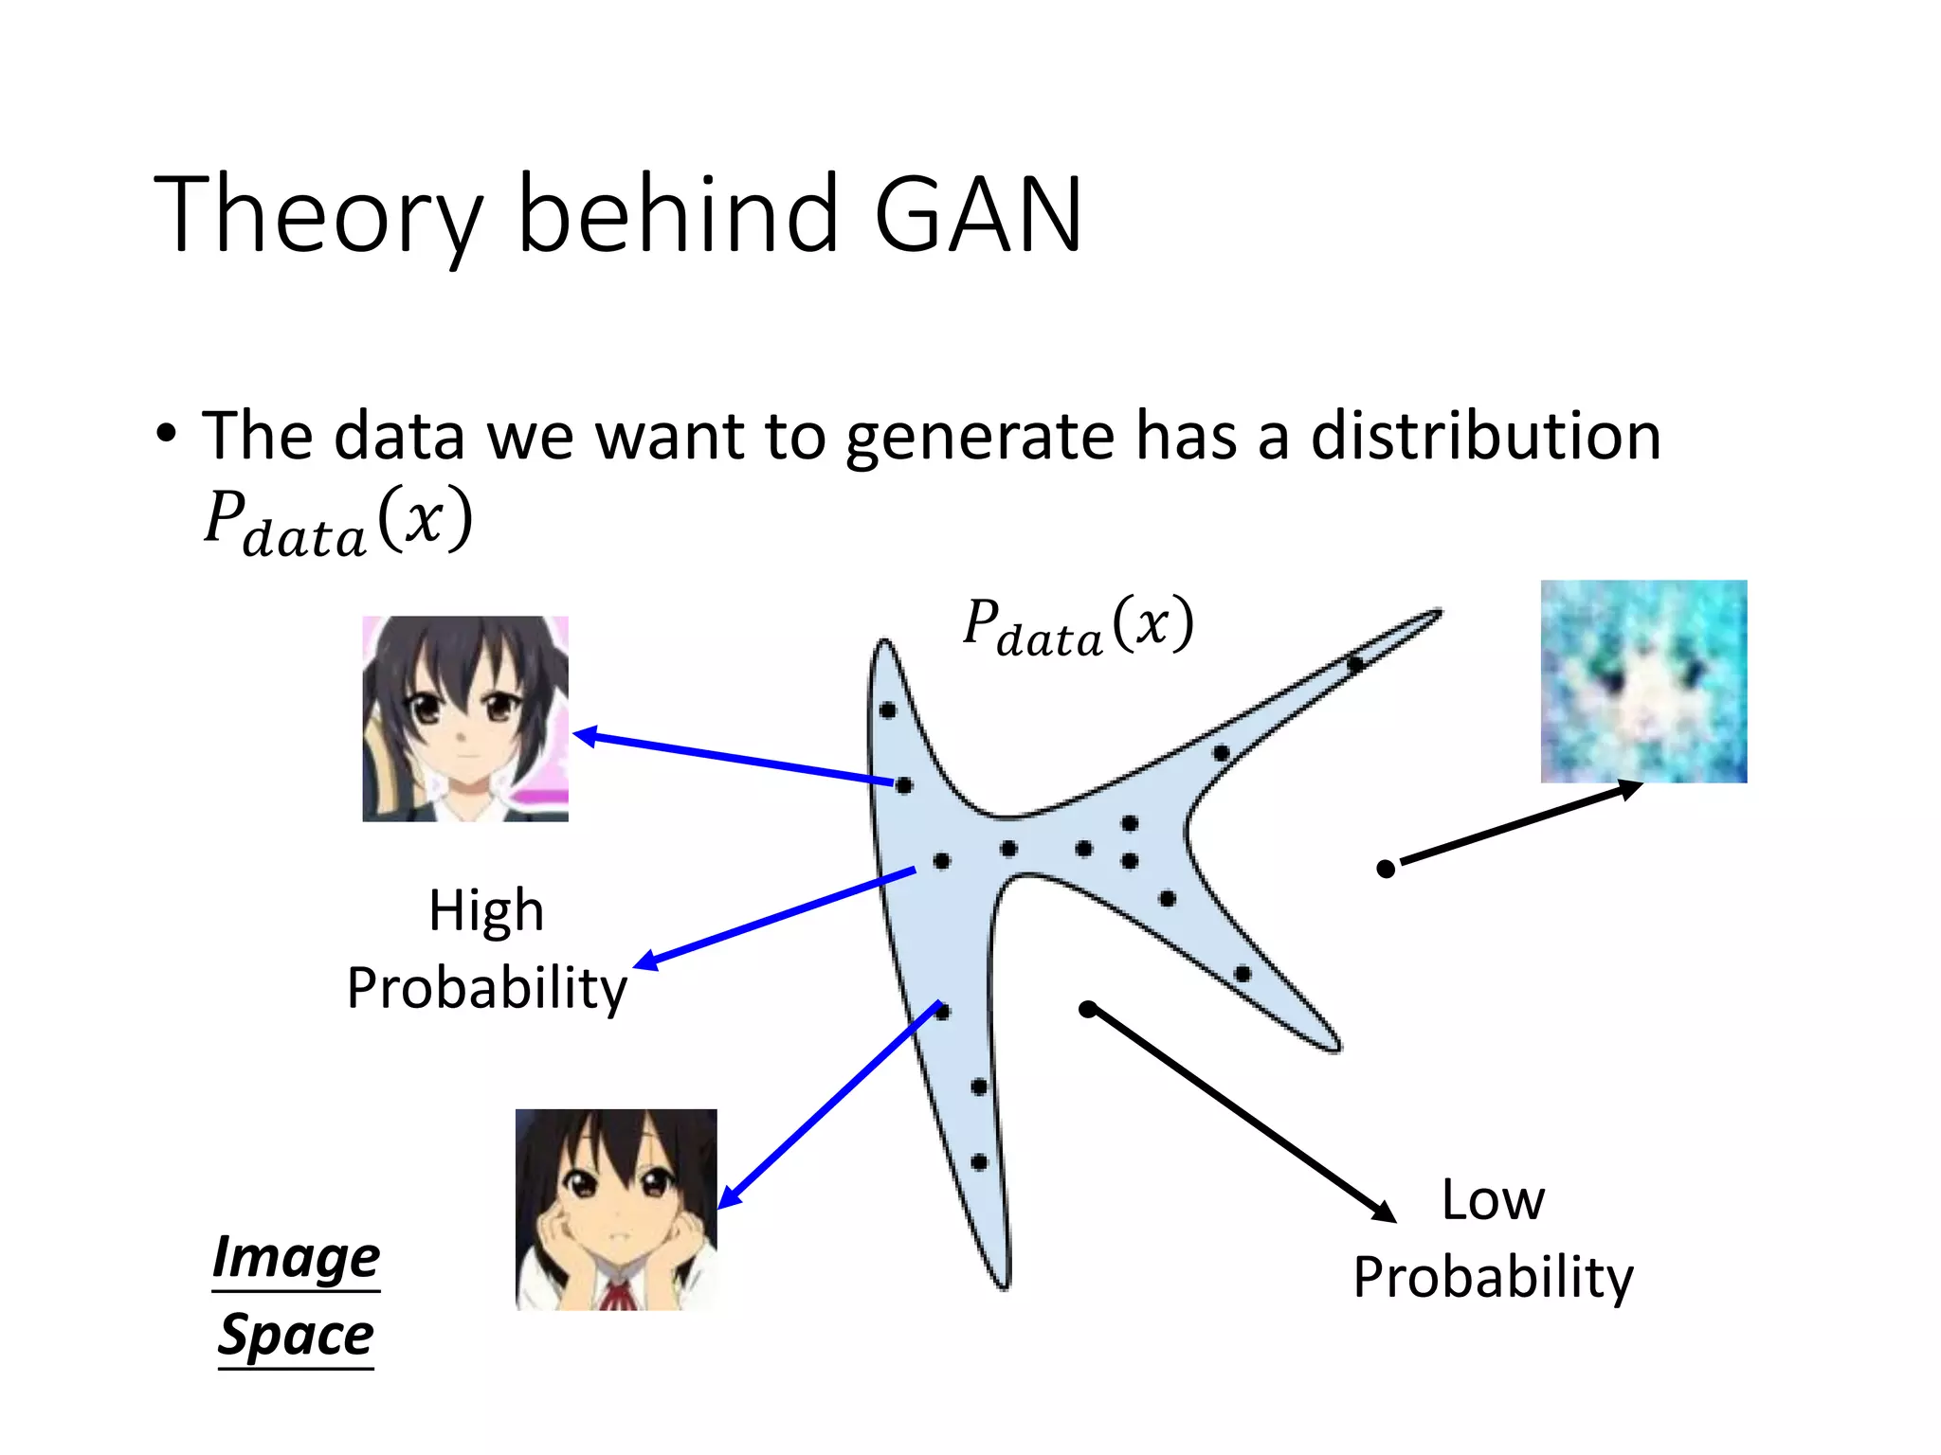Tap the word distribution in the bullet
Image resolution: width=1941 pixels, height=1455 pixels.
coord(1485,437)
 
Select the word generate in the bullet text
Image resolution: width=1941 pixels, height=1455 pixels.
coord(979,437)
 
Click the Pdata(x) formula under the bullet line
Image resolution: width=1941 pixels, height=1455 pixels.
coord(337,522)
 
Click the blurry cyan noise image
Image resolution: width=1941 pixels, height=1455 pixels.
coord(1643,681)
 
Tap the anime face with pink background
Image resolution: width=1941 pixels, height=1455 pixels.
coord(465,718)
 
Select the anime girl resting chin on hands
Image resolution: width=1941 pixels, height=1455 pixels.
coord(616,1210)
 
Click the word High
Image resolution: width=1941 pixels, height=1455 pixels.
coord(486,911)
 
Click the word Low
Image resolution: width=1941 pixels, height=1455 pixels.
coord(1492,1200)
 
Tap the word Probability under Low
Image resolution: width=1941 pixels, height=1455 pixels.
coord(1493,1278)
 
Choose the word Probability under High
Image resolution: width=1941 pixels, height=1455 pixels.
coord(486,989)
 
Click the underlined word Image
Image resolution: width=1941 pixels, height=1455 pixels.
coord(296,1257)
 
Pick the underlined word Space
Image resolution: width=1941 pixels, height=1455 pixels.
coord(296,1335)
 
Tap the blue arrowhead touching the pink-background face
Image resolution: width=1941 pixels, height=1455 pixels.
coord(586,736)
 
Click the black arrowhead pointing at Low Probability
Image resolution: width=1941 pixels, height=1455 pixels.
coord(1385,1212)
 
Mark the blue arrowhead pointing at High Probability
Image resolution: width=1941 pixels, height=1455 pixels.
coord(645,961)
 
